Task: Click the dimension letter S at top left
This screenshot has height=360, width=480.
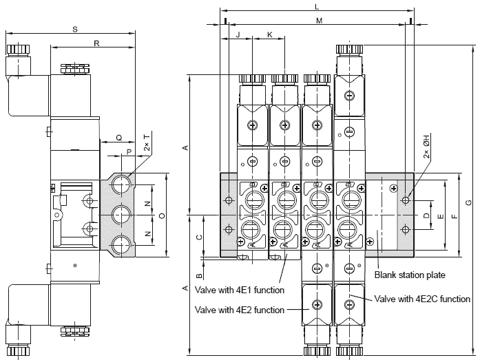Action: [x=74, y=29]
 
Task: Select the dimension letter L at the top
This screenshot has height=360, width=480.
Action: [x=316, y=6]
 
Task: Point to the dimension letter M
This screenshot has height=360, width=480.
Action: [x=320, y=21]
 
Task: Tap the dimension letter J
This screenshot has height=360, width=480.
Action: [x=237, y=34]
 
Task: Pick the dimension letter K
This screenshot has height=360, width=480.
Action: [x=269, y=34]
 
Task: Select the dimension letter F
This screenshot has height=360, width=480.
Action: [x=454, y=215]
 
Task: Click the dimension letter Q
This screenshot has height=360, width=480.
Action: [x=118, y=138]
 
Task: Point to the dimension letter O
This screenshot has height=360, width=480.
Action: [x=161, y=215]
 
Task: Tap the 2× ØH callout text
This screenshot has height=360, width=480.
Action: [x=426, y=150]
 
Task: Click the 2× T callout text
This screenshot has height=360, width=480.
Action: [x=147, y=145]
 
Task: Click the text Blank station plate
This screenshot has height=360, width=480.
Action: [x=410, y=275]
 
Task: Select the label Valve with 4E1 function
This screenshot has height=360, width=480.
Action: [x=240, y=290]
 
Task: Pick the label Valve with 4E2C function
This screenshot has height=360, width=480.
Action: [x=423, y=299]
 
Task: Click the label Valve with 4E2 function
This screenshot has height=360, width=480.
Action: [x=240, y=310]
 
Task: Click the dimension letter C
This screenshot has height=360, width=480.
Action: [x=199, y=236]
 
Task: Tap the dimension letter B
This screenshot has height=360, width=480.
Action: [x=199, y=259]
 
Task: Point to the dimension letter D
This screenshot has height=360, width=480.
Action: [x=426, y=216]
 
